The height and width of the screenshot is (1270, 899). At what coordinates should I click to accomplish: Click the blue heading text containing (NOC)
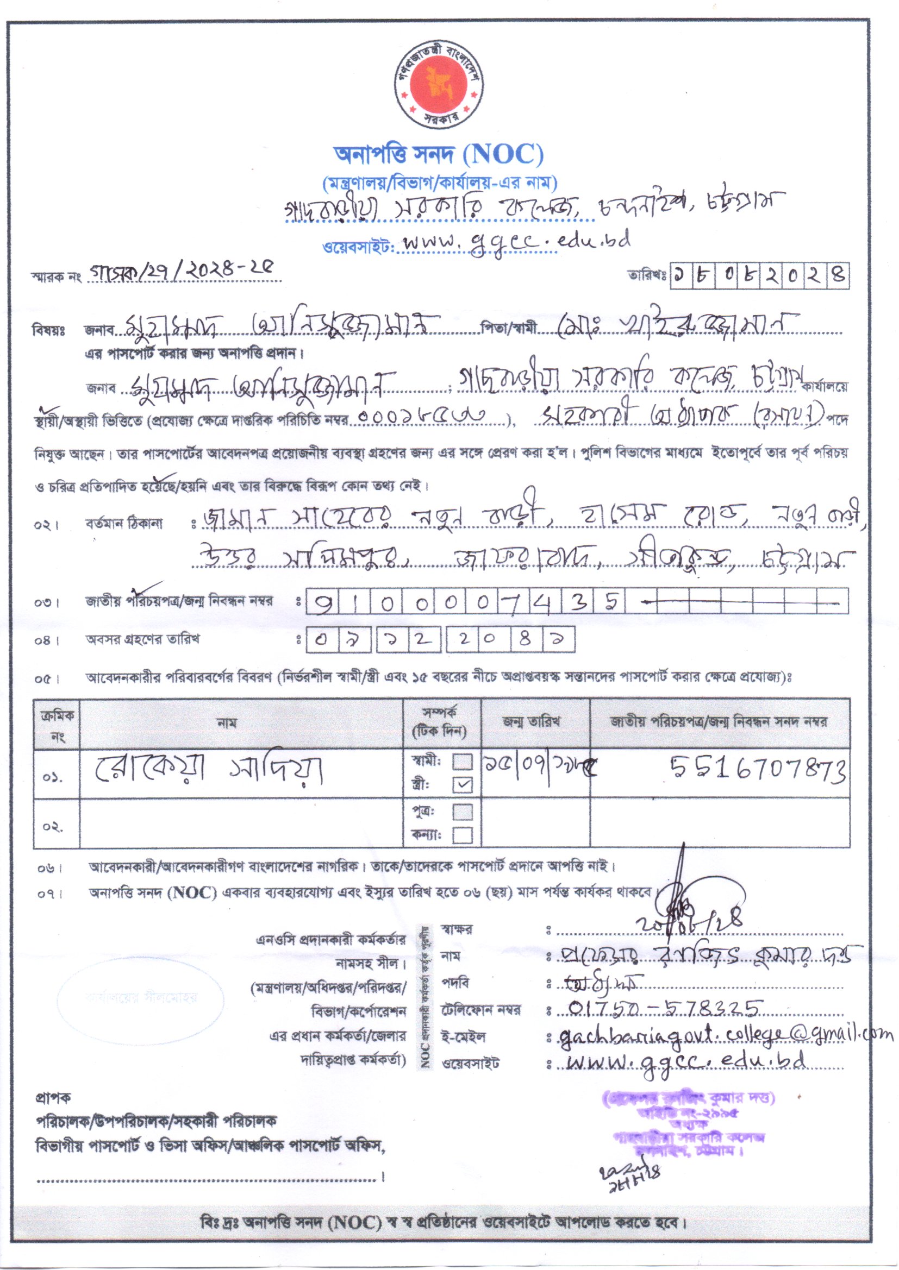click(x=439, y=155)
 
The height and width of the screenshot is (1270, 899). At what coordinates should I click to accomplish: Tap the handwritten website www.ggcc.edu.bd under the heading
click(x=516, y=242)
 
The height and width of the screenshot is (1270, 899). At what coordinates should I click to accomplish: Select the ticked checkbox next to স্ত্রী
click(x=463, y=784)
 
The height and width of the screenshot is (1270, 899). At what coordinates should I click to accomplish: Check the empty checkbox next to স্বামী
click(x=463, y=762)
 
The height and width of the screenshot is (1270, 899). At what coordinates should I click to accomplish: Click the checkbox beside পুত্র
click(x=463, y=812)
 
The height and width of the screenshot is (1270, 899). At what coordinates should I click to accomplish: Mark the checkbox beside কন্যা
click(x=463, y=834)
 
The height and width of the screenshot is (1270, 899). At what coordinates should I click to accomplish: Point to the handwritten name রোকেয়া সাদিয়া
click(x=209, y=770)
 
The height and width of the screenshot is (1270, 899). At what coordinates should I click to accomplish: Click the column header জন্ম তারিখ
click(x=532, y=722)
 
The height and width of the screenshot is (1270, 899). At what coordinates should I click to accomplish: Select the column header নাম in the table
click(x=227, y=723)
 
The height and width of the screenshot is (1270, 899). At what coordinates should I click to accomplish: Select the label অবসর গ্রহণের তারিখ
click(x=142, y=640)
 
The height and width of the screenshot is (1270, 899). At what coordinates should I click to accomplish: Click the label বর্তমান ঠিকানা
click(x=124, y=523)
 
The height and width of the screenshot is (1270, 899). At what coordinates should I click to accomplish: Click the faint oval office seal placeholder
click(x=141, y=997)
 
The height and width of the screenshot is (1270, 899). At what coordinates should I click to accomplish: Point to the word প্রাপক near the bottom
click(x=53, y=1097)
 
